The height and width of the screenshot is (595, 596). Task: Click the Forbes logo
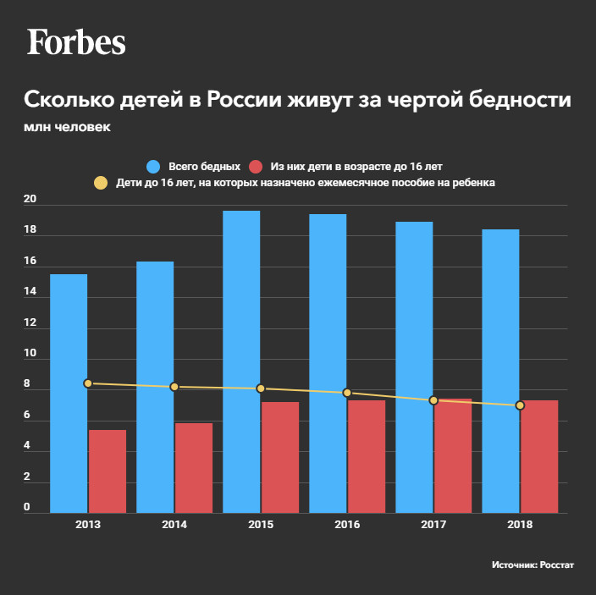click(76, 41)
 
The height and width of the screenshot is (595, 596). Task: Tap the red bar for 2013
click(108, 471)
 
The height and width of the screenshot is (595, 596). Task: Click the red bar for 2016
click(367, 456)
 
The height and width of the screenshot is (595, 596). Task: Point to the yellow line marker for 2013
click(88, 383)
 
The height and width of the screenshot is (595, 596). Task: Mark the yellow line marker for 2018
click(520, 405)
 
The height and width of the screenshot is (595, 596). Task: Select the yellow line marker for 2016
click(347, 393)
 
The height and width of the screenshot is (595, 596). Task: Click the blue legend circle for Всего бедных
click(153, 166)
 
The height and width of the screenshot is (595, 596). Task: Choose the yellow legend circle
click(101, 182)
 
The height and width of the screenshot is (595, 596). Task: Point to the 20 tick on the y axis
click(30, 201)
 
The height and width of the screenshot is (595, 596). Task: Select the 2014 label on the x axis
click(174, 526)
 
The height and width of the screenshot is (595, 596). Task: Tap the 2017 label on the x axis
click(433, 526)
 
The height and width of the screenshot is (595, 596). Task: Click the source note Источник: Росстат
click(533, 565)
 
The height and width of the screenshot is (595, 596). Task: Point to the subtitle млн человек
click(67, 128)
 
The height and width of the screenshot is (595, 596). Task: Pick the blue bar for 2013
click(69, 393)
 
